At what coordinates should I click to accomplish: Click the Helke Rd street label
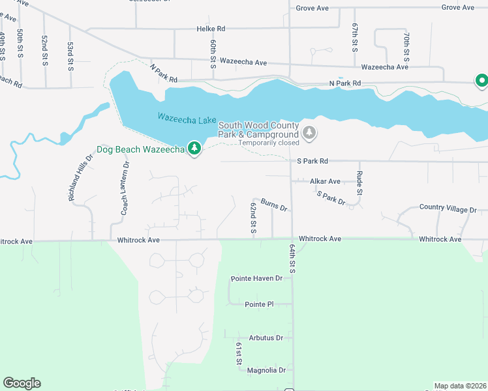point(211,29)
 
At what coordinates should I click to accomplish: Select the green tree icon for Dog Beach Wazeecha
point(194,149)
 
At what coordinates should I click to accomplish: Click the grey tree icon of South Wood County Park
point(310,133)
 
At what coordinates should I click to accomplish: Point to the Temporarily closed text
point(269,143)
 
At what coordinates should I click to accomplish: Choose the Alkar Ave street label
point(325,181)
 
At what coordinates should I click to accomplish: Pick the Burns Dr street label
point(274,206)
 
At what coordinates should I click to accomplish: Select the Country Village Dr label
point(453,208)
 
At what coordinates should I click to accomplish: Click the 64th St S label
point(292,259)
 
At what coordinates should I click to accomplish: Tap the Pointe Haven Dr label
point(256,278)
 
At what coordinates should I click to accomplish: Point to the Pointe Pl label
point(259,304)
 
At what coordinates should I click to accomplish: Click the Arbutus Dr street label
point(266,338)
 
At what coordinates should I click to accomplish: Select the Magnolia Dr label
point(267,370)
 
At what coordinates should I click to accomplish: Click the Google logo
point(22,383)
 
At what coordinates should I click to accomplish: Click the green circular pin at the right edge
point(481,81)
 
